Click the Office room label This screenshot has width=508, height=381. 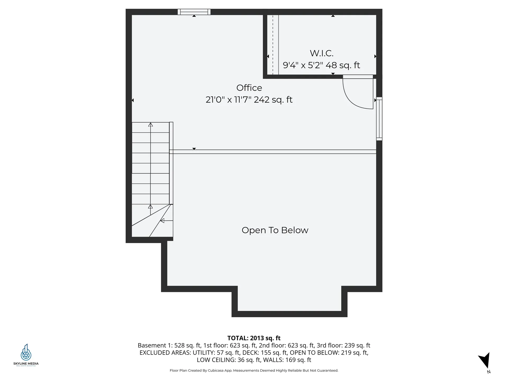point(249,88)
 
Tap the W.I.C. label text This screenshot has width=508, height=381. point(321,53)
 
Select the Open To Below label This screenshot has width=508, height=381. point(275,230)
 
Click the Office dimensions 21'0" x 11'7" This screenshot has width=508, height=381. point(228,100)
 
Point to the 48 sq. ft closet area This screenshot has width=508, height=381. point(343,65)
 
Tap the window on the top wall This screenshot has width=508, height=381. point(194,12)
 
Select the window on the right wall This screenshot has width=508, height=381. point(379,119)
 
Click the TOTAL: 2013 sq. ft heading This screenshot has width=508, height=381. point(254,338)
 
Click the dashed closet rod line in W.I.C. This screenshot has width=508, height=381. point(273,45)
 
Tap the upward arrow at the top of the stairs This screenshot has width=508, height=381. point(151,125)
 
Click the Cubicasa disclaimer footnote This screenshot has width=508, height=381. point(254,370)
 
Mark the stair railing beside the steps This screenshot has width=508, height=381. point(171,163)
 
